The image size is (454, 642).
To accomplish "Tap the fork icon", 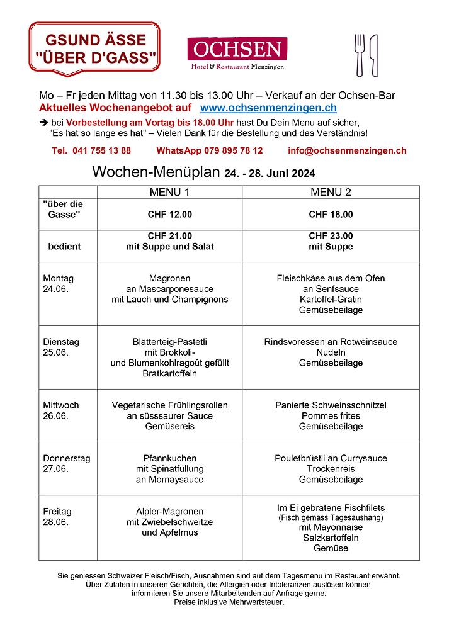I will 360,55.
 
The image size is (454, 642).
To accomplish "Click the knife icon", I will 373,55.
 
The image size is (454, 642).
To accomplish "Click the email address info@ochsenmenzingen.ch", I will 347,151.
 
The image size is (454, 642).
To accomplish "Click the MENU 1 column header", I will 169,192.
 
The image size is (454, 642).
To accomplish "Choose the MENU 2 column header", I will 331,192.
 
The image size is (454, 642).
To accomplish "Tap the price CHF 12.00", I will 169,215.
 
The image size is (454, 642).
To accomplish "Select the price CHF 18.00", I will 331,215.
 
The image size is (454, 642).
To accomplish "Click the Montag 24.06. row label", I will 58,283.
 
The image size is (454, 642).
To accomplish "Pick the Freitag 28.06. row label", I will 57,517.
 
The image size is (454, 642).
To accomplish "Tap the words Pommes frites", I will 331,416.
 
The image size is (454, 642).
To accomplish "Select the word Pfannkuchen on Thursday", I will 169,458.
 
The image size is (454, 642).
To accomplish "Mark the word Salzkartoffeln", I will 331,538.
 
